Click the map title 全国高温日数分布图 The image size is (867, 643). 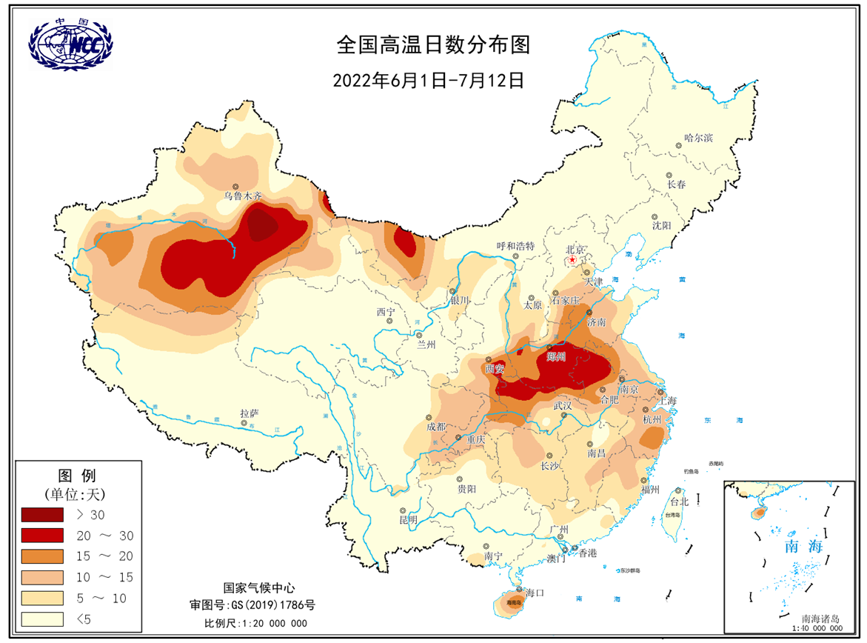(433, 45)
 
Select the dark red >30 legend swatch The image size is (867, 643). (42, 513)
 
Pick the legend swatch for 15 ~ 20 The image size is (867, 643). (42, 555)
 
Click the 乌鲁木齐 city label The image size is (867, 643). (243, 196)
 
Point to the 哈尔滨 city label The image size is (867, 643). (698, 138)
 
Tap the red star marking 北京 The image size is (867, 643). (572, 261)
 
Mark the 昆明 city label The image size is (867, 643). (408, 520)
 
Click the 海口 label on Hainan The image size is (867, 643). (535, 593)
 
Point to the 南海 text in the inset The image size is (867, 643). (804, 547)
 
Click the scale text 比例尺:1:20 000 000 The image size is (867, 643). (255, 623)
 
